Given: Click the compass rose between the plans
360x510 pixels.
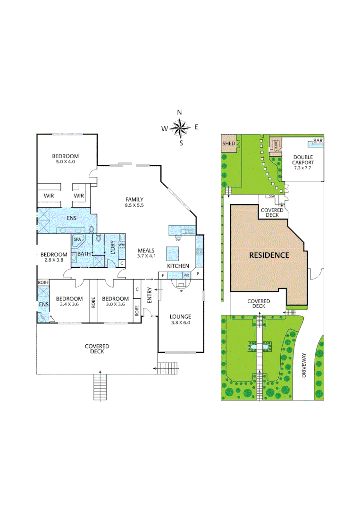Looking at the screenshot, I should coord(180,127).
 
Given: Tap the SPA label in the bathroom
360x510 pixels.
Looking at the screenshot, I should coord(77,239).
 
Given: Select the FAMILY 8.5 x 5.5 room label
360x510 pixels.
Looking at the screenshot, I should coord(134,202).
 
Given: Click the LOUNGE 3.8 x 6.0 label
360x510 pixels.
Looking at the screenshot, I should coord(181,320).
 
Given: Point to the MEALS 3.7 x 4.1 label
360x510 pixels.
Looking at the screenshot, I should coord(146,253).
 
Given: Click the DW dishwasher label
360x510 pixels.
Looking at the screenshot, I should coord(178,239).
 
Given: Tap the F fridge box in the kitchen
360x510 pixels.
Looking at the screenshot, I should coord(163,275).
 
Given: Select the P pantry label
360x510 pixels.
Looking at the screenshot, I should coord(198,274).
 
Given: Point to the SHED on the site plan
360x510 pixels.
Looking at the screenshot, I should coord(229,144).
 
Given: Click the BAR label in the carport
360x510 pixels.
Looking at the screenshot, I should coord(318,141).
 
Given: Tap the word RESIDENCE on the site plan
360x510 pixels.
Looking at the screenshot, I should coord(269,255).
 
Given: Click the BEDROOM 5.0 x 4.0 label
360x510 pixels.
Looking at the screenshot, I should coord(65,159).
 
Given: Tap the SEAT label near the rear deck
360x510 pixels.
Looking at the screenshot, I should coord(272,196).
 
